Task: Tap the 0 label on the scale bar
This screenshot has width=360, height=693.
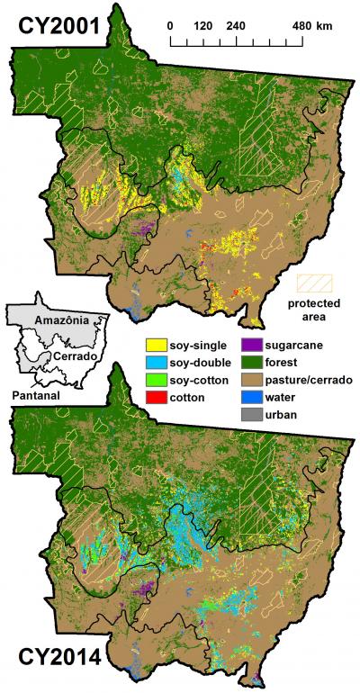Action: pos(170,25)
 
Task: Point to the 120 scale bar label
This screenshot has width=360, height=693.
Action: pos(202,25)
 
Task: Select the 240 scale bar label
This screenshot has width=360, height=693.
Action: pos(236,25)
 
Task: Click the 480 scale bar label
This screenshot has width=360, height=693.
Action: pos(302,25)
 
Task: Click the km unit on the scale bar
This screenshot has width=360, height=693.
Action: pos(324,25)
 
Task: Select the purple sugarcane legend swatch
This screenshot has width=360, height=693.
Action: pos(254,345)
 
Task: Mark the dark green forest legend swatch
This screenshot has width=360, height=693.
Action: pos(254,362)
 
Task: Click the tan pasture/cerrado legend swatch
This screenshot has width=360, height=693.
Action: pos(254,379)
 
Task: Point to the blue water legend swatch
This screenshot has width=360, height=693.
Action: pos(254,396)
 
